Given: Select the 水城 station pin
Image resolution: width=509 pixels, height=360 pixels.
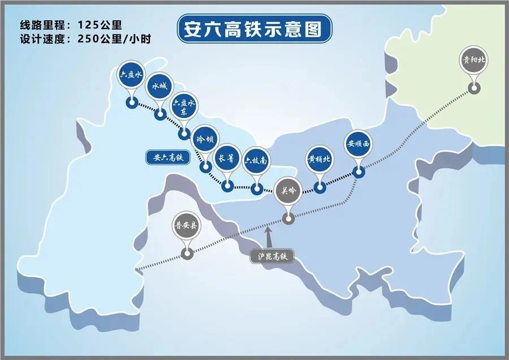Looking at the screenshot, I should click(x=159, y=88).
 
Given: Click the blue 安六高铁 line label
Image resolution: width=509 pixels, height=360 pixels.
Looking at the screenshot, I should click(x=165, y=157).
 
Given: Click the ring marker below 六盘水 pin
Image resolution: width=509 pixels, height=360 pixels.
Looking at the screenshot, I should click(x=132, y=103).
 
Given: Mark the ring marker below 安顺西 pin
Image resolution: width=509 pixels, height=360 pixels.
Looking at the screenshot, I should click(x=357, y=171).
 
